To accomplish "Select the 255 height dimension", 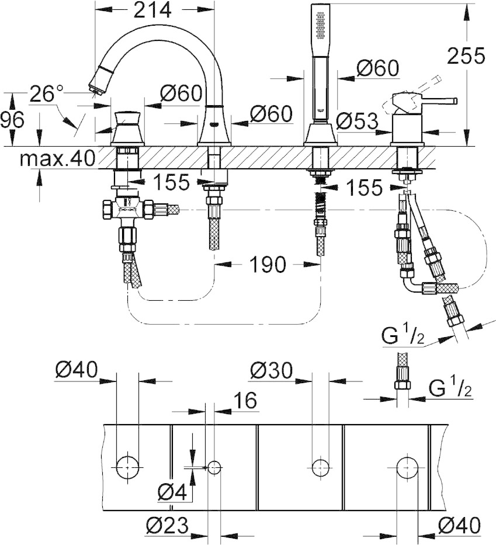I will pos(466,55).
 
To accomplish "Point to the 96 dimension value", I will pos(12,120).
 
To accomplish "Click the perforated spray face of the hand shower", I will pos(320,25).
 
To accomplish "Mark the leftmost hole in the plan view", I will pos(127,467).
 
